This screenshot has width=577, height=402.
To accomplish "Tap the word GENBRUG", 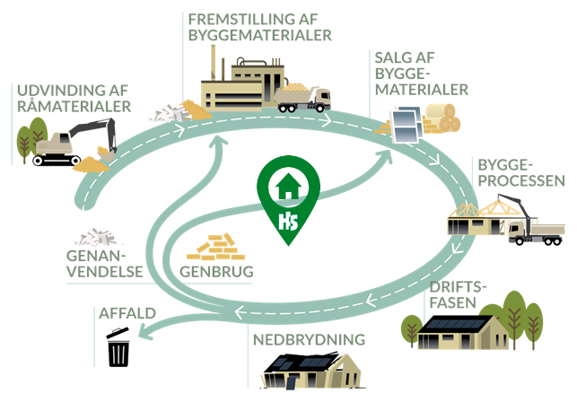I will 215,270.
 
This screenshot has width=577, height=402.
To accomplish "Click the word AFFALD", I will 126,314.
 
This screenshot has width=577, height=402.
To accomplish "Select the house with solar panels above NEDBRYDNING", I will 304,370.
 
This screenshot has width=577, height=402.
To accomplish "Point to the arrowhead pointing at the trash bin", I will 145,336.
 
